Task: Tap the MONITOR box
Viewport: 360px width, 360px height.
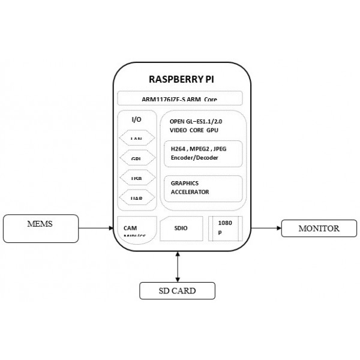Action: click(x=319, y=229)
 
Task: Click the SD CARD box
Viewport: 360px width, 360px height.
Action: click(x=177, y=291)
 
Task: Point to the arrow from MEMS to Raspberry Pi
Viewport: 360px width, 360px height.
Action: click(x=97, y=228)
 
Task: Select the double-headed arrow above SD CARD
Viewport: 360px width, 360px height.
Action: click(x=178, y=267)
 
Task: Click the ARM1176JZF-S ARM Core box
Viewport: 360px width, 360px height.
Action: click(x=180, y=98)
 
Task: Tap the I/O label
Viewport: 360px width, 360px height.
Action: click(x=136, y=119)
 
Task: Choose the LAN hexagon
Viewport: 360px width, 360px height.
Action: click(x=136, y=139)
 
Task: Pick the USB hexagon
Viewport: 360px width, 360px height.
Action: click(x=136, y=178)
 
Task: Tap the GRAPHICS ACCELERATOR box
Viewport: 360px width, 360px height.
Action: click(x=203, y=188)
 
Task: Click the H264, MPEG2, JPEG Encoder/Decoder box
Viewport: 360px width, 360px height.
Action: click(x=203, y=153)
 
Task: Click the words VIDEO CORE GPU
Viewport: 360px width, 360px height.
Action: click(x=194, y=130)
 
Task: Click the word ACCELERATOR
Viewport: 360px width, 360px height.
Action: click(x=190, y=192)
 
